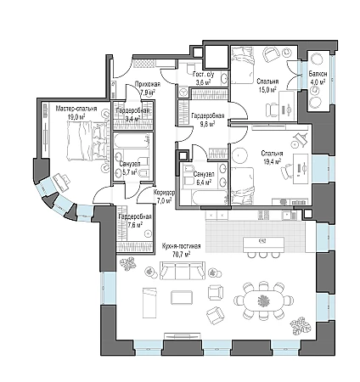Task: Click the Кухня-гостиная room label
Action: [x=181, y=246]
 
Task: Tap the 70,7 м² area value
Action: [x=181, y=254]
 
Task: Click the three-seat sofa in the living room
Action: [x=183, y=271]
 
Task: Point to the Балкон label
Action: [x=318, y=74]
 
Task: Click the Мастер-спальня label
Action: [x=76, y=109]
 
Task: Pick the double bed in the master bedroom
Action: [x=87, y=141]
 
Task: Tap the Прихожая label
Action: [x=148, y=84]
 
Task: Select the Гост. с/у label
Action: [x=203, y=75]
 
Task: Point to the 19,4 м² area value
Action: [x=272, y=161]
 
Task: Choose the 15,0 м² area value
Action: [x=267, y=89]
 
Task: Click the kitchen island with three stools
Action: [x=263, y=247]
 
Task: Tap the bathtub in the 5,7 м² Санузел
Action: [x=132, y=141]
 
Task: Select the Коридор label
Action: [x=164, y=193]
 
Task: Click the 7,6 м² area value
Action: [x=135, y=224]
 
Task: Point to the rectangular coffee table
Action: [x=183, y=297]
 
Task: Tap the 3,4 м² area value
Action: [x=133, y=118]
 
